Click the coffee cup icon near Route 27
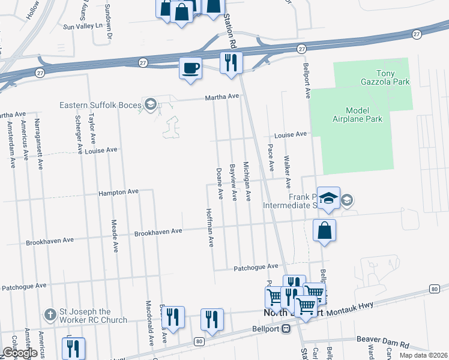pyautogui.click(x=190, y=67)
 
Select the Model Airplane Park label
pyautogui.click(x=364, y=115)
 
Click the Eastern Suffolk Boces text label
pyautogui.click(x=98, y=105)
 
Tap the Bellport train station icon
pyautogui.click(x=287, y=328)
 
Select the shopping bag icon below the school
pyautogui.click(x=324, y=230)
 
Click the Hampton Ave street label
pyautogui.click(x=119, y=192)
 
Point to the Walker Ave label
pyautogui.click(x=287, y=173)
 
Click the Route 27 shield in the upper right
pyautogui.click(x=416, y=35)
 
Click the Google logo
pyautogui.click(x=20, y=353)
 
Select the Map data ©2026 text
pyautogui.click(x=423, y=355)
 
